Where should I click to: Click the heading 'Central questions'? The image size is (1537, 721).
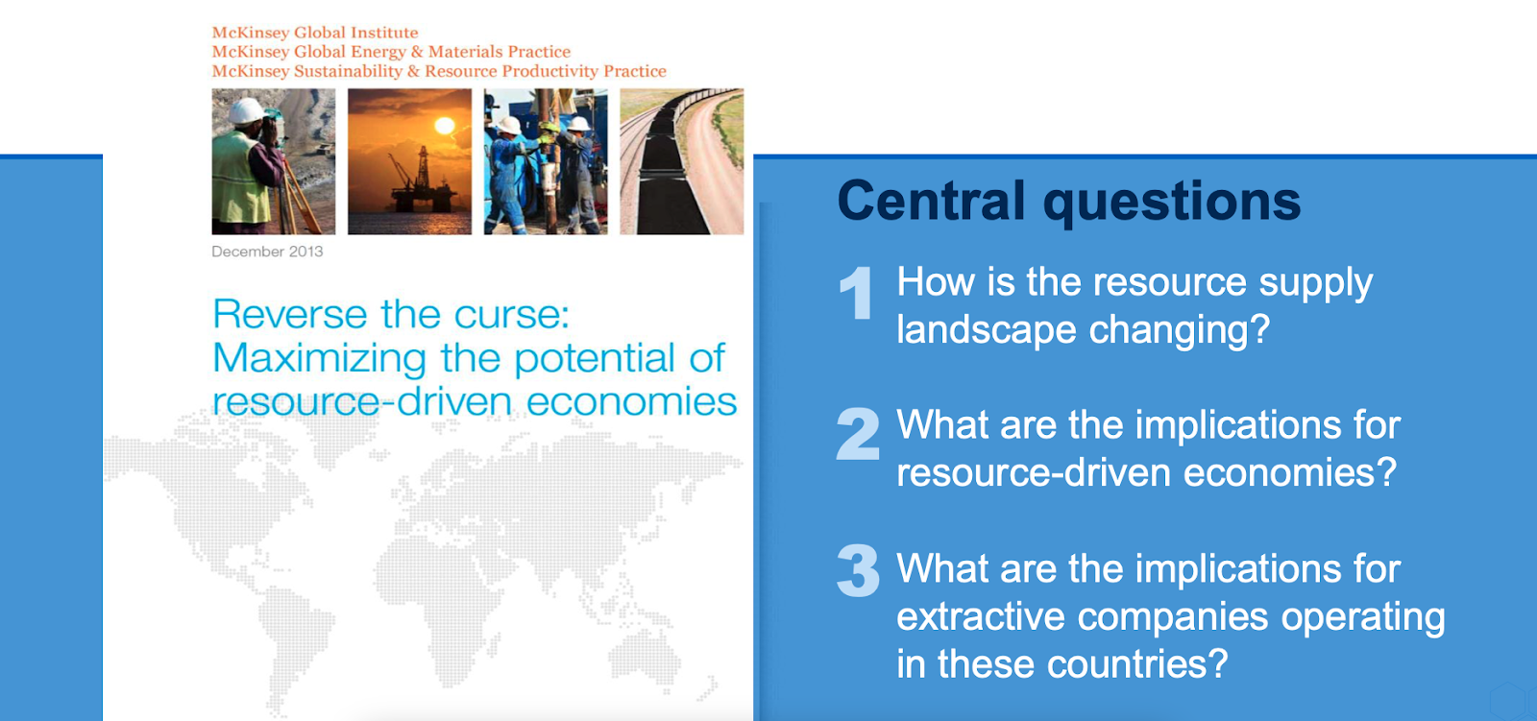click(x=1068, y=202)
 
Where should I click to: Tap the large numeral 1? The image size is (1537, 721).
click(x=856, y=292)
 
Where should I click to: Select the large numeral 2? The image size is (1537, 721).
click(x=858, y=434)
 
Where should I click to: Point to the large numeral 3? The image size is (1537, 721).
click(x=858, y=570)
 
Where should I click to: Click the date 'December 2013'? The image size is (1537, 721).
click(x=267, y=252)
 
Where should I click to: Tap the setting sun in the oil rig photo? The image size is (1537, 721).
click(x=445, y=126)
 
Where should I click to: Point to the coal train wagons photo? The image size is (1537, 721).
click(x=682, y=161)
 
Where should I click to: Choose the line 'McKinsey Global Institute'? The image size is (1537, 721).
click(x=315, y=33)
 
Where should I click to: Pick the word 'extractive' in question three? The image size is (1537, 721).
click(x=980, y=616)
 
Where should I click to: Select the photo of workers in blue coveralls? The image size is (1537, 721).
click(x=546, y=161)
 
